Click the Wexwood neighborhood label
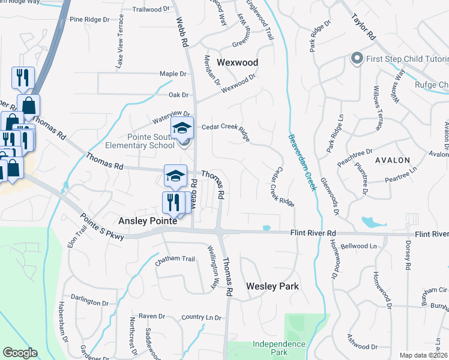click(237, 62)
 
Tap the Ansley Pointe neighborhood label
click(148, 221)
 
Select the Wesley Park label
click(273, 286)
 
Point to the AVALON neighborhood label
click(393, 160)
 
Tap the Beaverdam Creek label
click(302, 162)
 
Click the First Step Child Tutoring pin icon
click(357, 59)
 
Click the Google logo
click(20, 353)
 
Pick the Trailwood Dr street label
click(151, 10)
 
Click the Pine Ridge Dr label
click(89, 19)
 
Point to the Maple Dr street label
click(173, 74)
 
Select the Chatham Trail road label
click(175, 259)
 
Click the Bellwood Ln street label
click(358, 246)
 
